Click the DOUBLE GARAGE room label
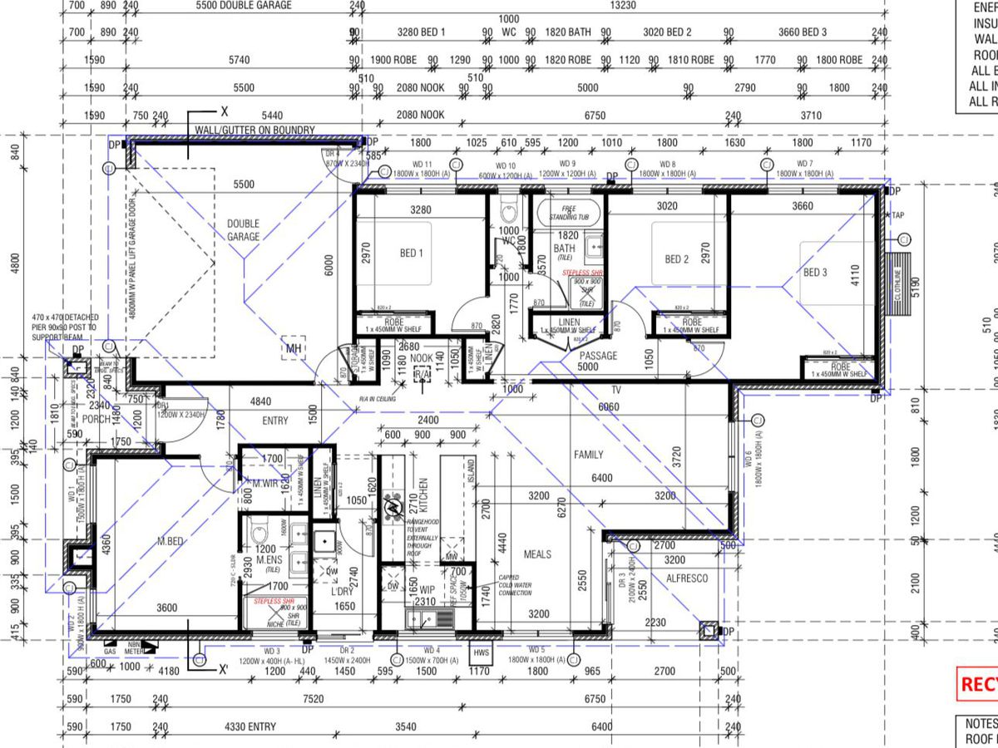[244, 230]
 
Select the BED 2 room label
[677, 259]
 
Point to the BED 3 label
[815, 273]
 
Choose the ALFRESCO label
[687, 578]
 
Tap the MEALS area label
[537, 554]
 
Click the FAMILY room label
[588, 455]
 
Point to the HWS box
[482, 652]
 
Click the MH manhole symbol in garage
[293, 348]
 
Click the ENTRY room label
[275, 421]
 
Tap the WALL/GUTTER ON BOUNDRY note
[254, 130]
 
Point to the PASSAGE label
[597, 356]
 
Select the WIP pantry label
[427, 589]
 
